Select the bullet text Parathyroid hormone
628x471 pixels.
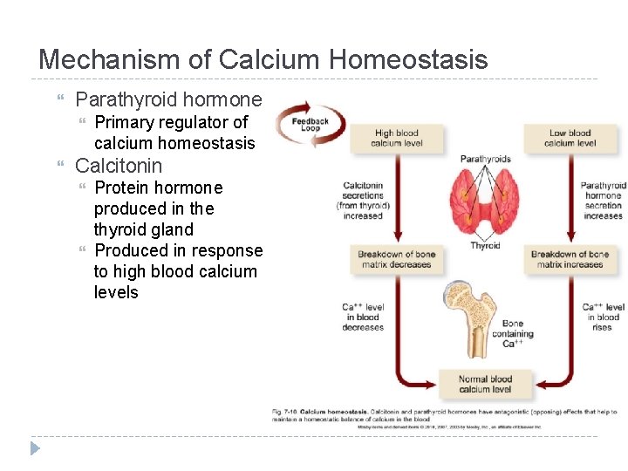pos(168,99)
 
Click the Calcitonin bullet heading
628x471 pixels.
pos(119,166)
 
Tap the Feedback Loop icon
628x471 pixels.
pos(310,125)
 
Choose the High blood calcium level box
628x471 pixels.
pos(397,139)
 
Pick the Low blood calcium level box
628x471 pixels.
pos(570,139)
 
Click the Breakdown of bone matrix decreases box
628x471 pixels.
pos(397,259)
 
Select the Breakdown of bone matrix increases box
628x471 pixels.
pos(570,259)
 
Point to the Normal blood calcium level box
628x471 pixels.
pos(486,384)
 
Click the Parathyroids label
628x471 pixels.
pos(485,159)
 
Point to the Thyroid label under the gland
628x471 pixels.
pos(485,246)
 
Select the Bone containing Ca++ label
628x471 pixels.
pos(513,334)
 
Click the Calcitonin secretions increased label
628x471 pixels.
pos(363,201)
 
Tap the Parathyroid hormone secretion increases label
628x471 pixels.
pos(604,201)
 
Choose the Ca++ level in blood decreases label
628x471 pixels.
pos(363,317)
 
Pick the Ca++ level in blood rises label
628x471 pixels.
pos(604,317)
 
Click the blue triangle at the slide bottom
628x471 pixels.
pos(35,448)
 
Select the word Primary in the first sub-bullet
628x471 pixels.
pos(124,122)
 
